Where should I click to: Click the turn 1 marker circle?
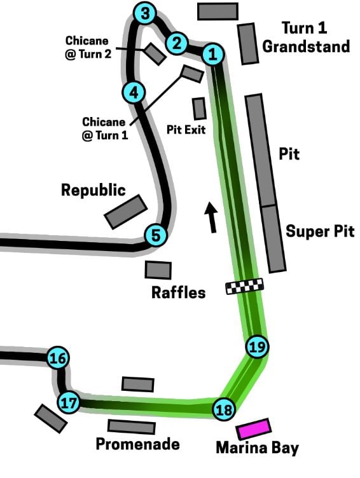click(x=213, y=54)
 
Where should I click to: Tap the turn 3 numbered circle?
click(x=145, y=13)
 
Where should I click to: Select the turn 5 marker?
click(x=156, y=235)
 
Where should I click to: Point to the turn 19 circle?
click(x=257, y=346)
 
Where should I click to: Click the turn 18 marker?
click(x=225, y=409)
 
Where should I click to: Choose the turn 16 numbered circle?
click(x=58, y=358)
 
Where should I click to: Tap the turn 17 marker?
click(x=68, y=403)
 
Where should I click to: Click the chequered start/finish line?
click(x=244, y=286)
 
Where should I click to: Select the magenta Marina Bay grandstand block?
click(x=254, y=428)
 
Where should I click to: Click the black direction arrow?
click(x=211, y=217)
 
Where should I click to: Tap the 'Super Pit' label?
click(x=320, y=231)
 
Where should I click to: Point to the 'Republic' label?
click(x=93, y=190)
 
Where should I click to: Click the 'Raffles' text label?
click(x=179, y=292)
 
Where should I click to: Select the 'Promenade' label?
click(x=137, y=444)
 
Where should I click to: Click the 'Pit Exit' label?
click(x=186, y=130)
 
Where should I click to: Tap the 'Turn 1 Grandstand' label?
click(x=306, y=38)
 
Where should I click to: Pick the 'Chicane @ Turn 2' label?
click(x=88, y=47)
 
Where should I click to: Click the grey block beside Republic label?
click(x=126, y=212)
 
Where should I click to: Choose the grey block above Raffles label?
click(x=158, y=270)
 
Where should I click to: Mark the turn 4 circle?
click(x=134, y=92)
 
